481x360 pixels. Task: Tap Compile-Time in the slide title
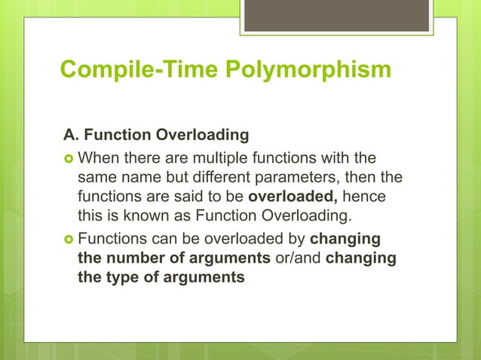pos(140,70)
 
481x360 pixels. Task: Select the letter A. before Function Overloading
pos(71,136)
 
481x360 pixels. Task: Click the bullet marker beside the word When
pos(68,159)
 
